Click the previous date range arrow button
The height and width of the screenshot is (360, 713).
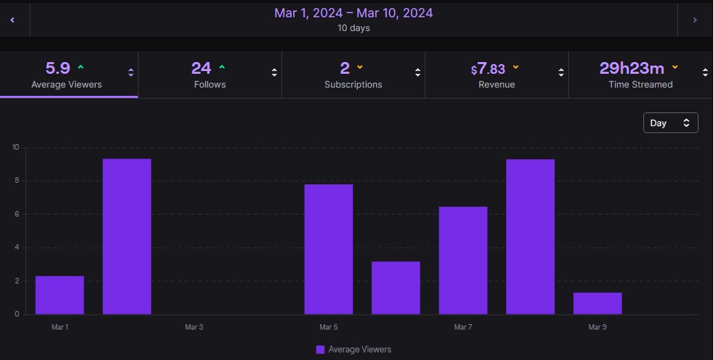pos(12,20)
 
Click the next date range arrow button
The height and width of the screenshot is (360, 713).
pos(695,20)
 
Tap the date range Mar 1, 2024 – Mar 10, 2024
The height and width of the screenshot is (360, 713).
pos(354,13)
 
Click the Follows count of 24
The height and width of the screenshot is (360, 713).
pos(201,68)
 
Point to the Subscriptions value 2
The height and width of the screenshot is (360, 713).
pos(345,68)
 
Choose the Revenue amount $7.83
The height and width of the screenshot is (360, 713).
pos(488,69)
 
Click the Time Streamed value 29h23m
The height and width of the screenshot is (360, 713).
pos(632,68)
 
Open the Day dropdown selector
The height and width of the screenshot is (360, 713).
pos(670,123)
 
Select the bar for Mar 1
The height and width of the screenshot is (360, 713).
pos(60,295)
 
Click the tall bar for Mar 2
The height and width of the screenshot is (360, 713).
pos(127,237)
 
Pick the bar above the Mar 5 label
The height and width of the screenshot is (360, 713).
pos(328,249)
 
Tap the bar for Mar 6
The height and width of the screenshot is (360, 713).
pos(396,288)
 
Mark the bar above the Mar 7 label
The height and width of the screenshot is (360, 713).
pos(463,261)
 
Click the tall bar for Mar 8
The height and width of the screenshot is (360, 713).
pos(530,237)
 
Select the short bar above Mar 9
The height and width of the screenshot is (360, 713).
pos(598,303)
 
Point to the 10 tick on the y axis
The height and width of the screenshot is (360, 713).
pos(15,147)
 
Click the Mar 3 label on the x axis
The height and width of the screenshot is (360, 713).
pos(194,327)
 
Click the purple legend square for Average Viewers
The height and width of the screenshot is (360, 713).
pos(320,349)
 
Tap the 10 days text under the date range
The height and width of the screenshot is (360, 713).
pos(354,28)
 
